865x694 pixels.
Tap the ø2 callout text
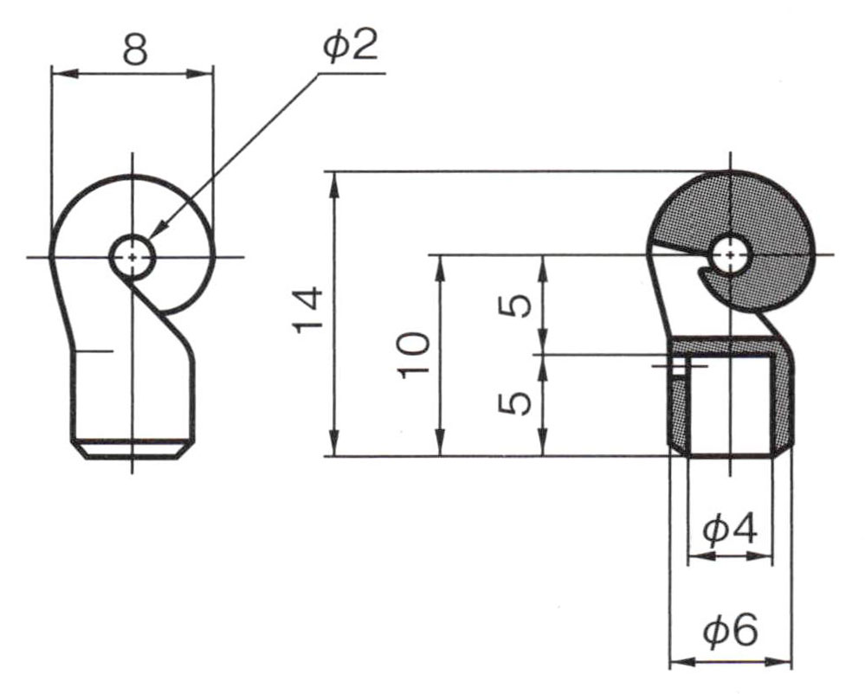351,46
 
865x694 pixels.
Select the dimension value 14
308,309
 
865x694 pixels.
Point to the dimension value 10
413,355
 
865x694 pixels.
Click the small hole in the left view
132,257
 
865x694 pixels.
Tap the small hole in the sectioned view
731,255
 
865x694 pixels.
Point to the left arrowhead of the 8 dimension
64,74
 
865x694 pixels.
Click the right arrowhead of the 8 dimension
200,74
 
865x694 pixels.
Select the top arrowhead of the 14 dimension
333,184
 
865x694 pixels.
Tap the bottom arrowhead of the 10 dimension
440,443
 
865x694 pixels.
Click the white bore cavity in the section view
730,405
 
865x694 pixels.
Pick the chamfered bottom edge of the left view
132,449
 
